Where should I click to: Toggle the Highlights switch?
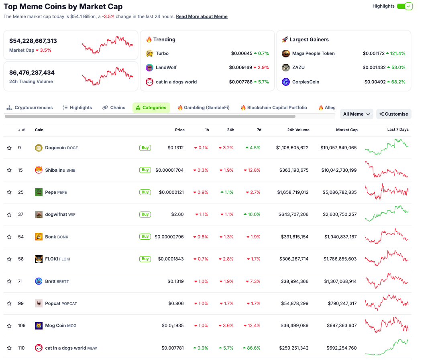coord(404,6)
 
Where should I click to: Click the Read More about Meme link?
coord(202,16)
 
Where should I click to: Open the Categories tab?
coord(151,108)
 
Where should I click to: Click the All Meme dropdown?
coord(356,114)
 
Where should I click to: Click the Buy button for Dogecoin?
coord(145,148)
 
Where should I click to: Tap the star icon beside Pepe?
coord(9,192)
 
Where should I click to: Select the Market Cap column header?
coord(346,130)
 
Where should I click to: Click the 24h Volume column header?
coord(298,130)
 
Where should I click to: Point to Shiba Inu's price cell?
coord(169,170)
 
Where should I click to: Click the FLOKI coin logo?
coord(39,259)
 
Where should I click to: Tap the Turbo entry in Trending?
coord(162,53)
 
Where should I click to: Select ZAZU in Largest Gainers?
coord(298,67)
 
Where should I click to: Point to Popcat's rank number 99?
coord(20,303)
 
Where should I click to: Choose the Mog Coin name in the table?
coord(55,325)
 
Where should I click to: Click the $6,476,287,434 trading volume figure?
coord(32,73)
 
